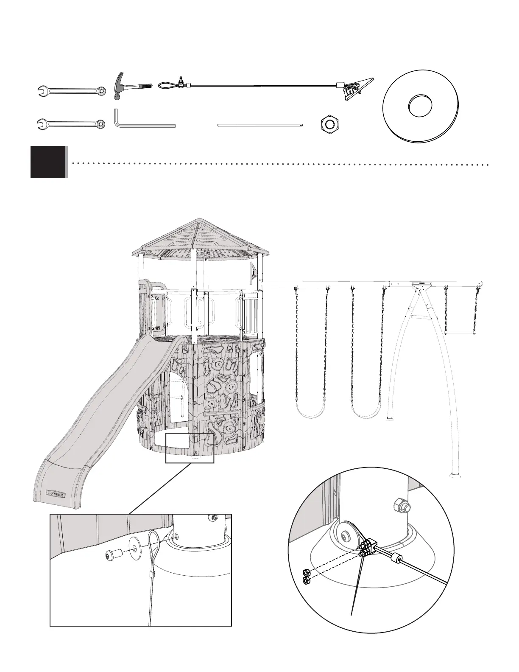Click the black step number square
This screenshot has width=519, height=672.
tap(48, 162)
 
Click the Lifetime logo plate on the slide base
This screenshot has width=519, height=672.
tap(57, 493)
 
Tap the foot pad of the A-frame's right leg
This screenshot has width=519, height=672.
tap(456, 475)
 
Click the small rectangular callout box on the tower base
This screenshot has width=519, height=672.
tap(190, 448)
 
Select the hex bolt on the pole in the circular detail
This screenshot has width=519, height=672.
tap(400, 504)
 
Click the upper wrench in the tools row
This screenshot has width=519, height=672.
tap(71, 91)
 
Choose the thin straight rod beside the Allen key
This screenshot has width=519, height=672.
tap(260, 125)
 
